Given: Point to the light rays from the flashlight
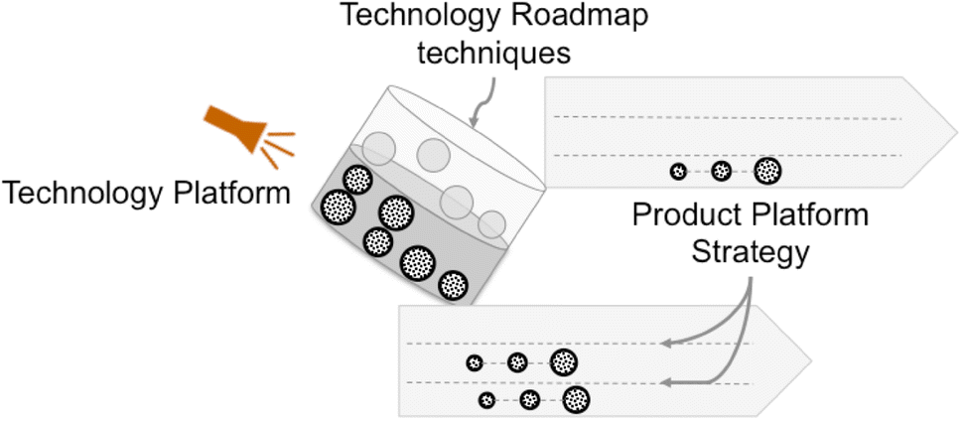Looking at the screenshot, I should tap(281, 145).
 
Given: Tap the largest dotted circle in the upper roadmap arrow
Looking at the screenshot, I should tap(765, 171).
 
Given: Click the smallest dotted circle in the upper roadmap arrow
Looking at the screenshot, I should tap(678, 171).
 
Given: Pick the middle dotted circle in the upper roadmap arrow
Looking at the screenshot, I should tap(722, 171).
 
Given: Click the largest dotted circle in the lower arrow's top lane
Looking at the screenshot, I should tap(563, 363).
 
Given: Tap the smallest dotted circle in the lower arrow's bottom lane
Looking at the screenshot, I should tap(486, 400).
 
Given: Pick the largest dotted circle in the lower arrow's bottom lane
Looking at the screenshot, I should tap(575, 400).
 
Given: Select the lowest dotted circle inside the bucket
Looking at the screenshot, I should tap(454, 284).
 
